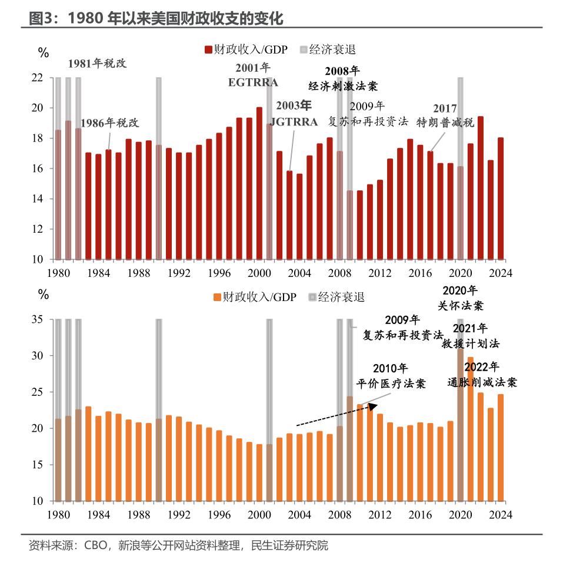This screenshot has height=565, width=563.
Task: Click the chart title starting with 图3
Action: pyautogui.click(x=156, y=18)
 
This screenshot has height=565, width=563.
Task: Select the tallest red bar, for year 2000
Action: pyautogui.click(x=259, y=183)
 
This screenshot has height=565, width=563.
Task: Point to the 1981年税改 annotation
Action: pyautogui.click(x=97, y=63)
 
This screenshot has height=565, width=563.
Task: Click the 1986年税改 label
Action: pyautogui.click(x=109, y=123)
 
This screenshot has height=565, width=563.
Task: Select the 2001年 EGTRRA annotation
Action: pyautogui.click(x=253, y=75)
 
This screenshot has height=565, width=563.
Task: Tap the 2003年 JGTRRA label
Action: pyautogui.click(x=294, y=114)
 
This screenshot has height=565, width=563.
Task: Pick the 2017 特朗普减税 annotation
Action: pyautogui.click(x=445, y=115)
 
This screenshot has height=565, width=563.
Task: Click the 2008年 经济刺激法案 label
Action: pyautogui.click(x=343, y=78)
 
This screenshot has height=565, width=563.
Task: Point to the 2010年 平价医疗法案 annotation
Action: pyautogui.click(x=391, y=376)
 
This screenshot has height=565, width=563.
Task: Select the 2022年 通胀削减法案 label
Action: pyautogui.click(x=481, y=375)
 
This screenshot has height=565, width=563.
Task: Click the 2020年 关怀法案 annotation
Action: pyautogui.click(x=459, y=298)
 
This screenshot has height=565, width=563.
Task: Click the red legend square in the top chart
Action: pyautogui.click(x=208, y=49)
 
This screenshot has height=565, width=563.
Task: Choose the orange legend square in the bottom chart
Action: pyautogui.click(x=217, y=296)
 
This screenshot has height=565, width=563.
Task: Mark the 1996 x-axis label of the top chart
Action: pyautogui.click(x=219, y=273)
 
